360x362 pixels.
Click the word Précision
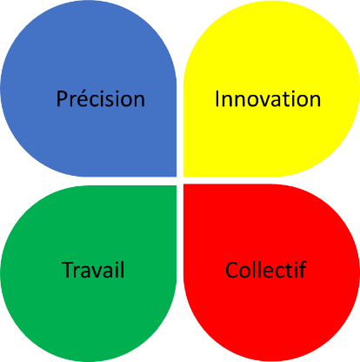(x=100, y=98)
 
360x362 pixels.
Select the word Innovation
(x=268, y=99)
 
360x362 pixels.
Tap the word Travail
(x=93, y=270)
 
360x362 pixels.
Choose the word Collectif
(x=266, y=270)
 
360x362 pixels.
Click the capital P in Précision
(x=62, y=98)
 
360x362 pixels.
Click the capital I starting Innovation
(x=217, y=99)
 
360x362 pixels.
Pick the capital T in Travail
(x=68, y=270)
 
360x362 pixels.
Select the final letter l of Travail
(x=123, y=270)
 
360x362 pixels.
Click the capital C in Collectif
(x=232, y=270)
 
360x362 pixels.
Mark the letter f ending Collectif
(x=303, y=270)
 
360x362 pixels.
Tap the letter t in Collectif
(x=290, y=271)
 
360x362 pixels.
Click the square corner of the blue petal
(x=176, y=176)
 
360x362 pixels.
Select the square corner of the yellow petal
(x=184, y=176)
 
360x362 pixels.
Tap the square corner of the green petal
(x=176, y=186)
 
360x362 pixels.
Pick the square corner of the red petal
(x=184, y=184)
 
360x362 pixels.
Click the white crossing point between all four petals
(x=180, y=180)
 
